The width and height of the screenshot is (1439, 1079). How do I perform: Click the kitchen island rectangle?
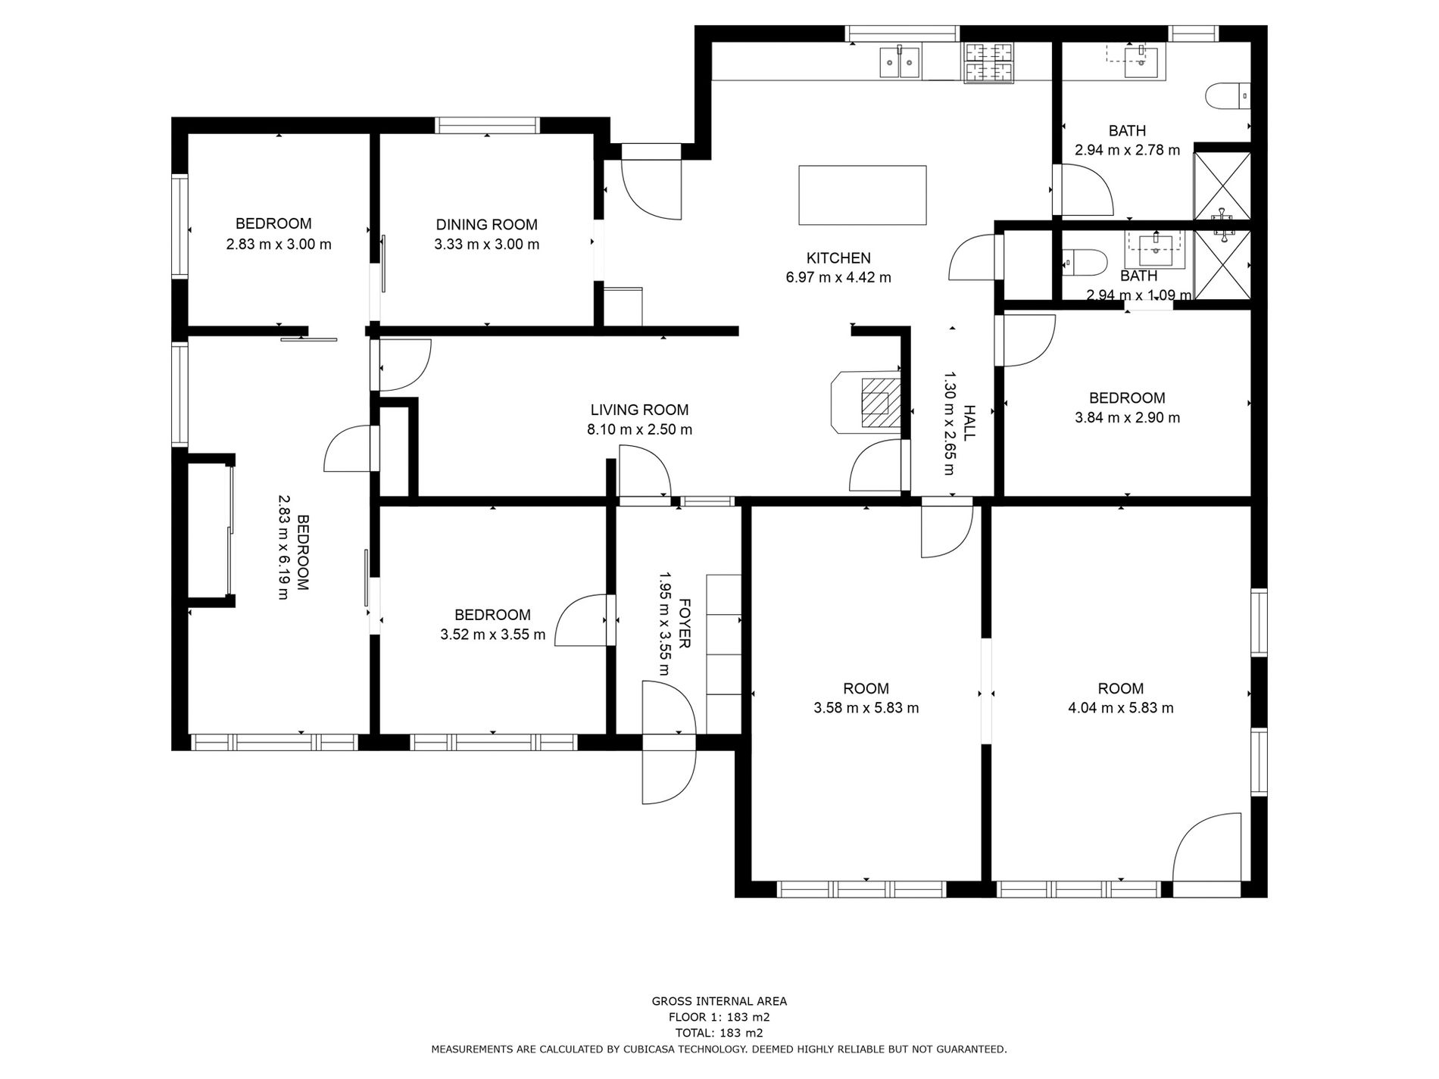pyautogui.click(x=863, y=195)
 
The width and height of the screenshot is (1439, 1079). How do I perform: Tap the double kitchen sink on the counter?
pyautogui.click(x=900, y=61)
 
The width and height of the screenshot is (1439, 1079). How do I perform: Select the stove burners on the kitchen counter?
pyautogui.click(x=988, y=61)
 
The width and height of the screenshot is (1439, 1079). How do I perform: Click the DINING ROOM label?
pyautogui.click(x=486, y=225)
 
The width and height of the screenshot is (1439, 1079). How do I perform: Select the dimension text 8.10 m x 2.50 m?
pyautogui.click(x=639, y=429)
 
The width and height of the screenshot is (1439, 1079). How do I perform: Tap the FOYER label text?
pyautogui.click(x=684, y=623)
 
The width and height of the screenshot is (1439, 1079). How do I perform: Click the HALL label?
pyautogui.click(x=969, y=423)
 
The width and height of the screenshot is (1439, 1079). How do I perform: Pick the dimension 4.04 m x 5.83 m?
pyautogui.click(x=1120, y=708)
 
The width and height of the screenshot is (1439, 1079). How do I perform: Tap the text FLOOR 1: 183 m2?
pyautogui.click(x=719, y=1017)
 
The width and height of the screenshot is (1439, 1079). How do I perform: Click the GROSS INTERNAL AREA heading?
pyautogui.click(x=719, y=1001)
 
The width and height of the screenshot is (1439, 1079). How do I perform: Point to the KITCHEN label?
pyautogui.click(x=838, y=258)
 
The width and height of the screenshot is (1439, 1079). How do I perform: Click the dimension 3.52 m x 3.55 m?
pyautogui.click(x=492, y=635)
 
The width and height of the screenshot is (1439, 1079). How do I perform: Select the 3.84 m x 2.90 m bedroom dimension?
pyautogui.click(x=1127, y=417)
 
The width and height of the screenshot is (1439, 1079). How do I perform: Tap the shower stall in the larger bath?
pyautogui.click(x=1222, y=186)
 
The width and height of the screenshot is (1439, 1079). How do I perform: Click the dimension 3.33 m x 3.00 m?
pyautogui.click(x=486, y=245)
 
